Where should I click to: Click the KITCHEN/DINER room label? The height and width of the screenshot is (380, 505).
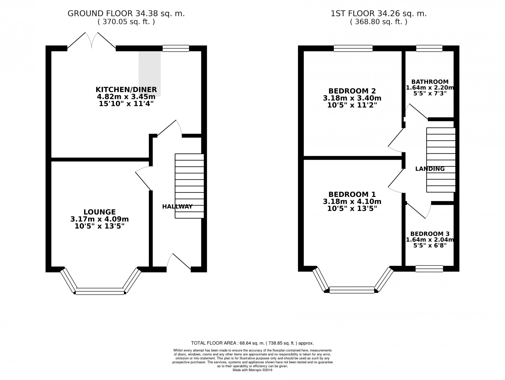126,90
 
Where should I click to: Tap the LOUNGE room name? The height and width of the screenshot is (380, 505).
100,212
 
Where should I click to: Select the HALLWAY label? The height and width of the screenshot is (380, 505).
177,207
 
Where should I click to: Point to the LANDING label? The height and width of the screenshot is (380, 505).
430,169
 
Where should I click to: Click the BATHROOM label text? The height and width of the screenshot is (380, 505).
430,82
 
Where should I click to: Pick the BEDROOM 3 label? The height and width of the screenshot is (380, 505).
430,234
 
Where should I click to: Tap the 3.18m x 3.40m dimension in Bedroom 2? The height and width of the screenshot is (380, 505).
352,98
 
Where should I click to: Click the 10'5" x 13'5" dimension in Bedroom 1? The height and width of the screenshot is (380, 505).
352,209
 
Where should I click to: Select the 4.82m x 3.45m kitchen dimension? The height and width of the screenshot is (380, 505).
126,97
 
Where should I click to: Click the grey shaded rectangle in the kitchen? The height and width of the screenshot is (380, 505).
150,74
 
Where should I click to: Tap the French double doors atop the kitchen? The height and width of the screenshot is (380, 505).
91,40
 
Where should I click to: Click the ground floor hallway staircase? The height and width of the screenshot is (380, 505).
189,186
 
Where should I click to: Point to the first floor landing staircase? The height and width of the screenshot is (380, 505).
441,160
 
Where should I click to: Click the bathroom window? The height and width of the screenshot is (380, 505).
429,48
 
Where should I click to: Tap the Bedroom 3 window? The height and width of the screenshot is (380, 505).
429,269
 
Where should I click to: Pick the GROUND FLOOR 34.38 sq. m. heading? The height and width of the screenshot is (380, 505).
126,14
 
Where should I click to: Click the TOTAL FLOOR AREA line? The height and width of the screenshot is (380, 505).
252,343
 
